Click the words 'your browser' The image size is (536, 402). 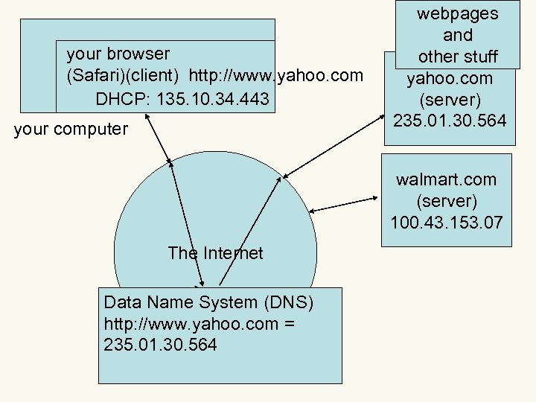pyautogui.click(x=118, y=54)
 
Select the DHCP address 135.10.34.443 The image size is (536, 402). pyautogui.click(x=182, y=98)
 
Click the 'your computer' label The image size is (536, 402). pyautogui.click(x=71, y=130)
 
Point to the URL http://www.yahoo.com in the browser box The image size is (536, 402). pyautogui.click(x=276, y=76)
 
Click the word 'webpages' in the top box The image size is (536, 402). pyautogui.click(x=457, y=13)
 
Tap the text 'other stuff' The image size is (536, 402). pyautogui.click(x=457, y=57)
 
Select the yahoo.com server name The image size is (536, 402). pyautogui.click(x=450, y=78)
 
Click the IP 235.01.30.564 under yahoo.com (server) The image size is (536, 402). pyautogui.click(x=450, y=120)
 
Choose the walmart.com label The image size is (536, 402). pyautogui.click(x=446, y=180)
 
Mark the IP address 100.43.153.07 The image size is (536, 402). pyautogui.click(x=446, y=222)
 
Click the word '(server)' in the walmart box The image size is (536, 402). pyautogui.click(x=446, y=201)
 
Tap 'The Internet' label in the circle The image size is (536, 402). pyautogui.click(x=215, y=253)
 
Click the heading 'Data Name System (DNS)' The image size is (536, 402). pyautogui.click(x=209, y=303)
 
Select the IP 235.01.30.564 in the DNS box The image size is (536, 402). pyautogui.click(x=161, y=345)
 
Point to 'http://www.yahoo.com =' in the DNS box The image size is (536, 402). pyautogui.click(x=199, y=324)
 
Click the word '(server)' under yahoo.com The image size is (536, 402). pyautogui.click(x=450, y=99)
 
